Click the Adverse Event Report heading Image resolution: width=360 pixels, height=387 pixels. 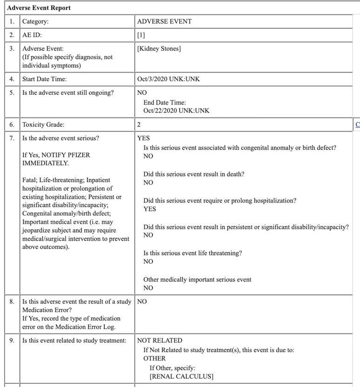(39, 8)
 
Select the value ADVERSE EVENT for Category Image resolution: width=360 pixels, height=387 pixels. (164, 21)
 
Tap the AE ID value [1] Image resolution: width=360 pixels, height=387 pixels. (141, 35)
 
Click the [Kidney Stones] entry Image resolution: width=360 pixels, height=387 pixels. (159, 48)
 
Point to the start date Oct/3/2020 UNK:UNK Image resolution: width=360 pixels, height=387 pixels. (168, 79)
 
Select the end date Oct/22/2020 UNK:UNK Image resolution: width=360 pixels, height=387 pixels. (176, 111)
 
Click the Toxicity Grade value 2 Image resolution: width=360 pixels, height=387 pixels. (139, 125)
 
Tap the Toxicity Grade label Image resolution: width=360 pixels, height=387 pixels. (43, 125)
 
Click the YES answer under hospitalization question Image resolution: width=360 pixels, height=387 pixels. (150, 209)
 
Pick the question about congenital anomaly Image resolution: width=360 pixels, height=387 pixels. (240, 148)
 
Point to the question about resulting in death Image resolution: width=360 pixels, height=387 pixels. (194, 174)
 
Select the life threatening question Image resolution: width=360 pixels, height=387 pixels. (193, 253)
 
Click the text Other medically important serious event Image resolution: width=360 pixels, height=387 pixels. (197, 280)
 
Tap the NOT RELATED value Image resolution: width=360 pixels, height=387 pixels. (160, 341)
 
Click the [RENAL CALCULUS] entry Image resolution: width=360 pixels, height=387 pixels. (181, 376)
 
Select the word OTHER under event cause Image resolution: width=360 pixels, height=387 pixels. (154, 358)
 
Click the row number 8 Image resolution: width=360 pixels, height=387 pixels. (12, 302)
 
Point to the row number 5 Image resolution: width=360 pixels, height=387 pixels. (12, 92)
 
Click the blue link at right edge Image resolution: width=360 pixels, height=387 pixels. (357, 125)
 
